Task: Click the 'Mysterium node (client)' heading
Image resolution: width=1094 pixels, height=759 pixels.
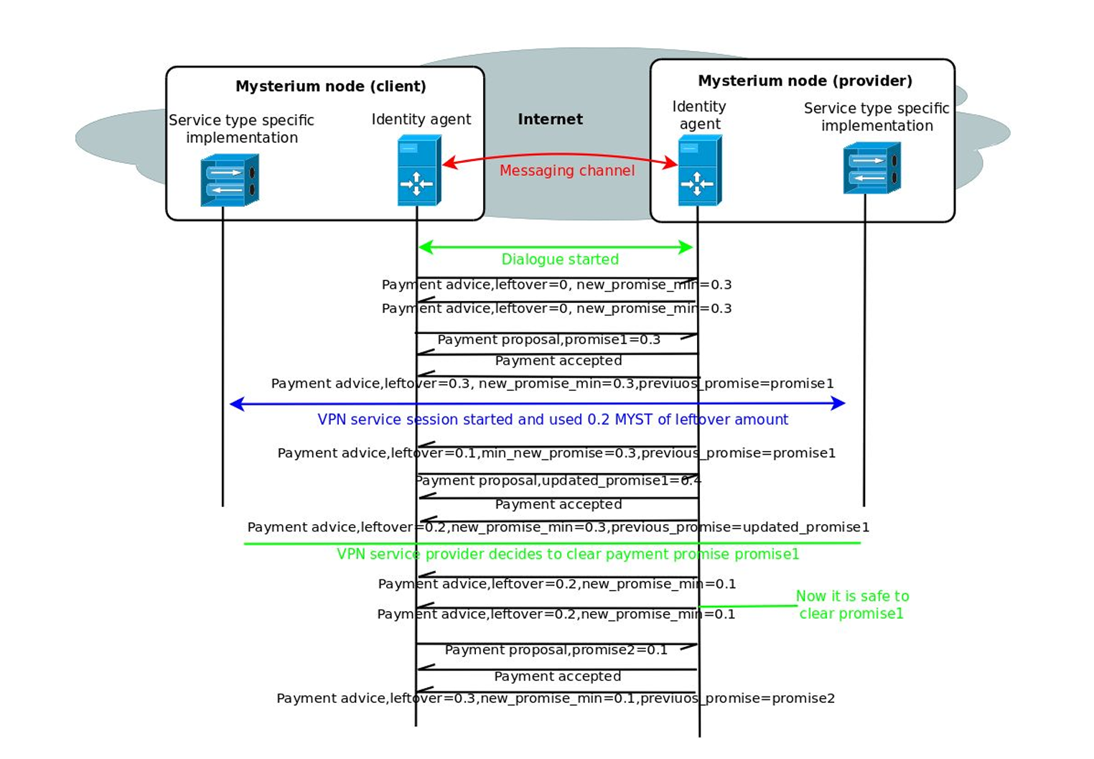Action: point(331,86)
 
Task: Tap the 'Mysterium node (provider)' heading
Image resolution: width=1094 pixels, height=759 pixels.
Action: point(805,81)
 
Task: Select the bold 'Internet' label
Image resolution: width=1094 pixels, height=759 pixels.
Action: point(551,119)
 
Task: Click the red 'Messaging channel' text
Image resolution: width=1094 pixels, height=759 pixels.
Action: point(567,170)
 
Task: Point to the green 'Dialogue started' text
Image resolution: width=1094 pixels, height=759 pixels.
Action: point(560,259)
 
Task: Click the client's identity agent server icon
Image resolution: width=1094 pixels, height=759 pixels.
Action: point(419,170)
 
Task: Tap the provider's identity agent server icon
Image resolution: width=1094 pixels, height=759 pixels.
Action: point(700,170)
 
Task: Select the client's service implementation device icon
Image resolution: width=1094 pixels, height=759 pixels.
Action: point(230,180)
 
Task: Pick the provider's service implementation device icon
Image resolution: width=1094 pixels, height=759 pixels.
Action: point(871,168)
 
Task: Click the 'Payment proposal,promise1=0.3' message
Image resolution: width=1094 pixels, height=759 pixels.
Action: point(549,340)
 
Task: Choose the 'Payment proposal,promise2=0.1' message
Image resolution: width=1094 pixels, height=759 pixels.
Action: point(556,650)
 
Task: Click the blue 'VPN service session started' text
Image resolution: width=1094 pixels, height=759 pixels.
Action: point(553,419)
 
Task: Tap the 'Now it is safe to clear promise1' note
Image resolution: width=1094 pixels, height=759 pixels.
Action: point(852,605)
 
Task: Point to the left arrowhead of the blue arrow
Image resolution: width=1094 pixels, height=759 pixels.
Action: point(236,404)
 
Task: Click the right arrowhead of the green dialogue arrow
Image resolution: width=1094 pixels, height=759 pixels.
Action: point(686,247)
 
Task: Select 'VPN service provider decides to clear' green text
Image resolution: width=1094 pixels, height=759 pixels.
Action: point(568,554)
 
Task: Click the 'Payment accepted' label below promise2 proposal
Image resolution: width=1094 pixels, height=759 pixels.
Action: point(558,676)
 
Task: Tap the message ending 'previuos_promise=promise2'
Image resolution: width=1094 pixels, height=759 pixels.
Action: point(556,699)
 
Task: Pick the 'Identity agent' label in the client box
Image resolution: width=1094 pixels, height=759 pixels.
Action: point(421,119)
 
